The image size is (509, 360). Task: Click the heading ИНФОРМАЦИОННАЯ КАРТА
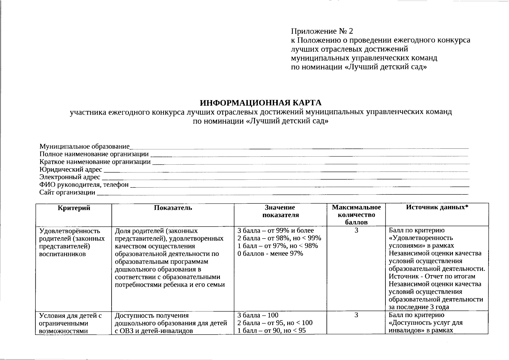tap(261, 103)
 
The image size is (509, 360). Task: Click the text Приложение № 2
tap(322, 31)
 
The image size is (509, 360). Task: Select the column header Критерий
tap(74, 208)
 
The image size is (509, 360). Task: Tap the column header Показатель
tap(173, 208)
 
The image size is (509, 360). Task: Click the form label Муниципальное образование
tap(84, 147)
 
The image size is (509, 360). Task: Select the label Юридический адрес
tap(71, 170)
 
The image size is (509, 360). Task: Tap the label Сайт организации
tap(67, 193)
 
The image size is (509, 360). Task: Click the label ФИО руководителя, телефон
tap(84, 185)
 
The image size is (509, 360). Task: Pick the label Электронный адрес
tap(70, 177)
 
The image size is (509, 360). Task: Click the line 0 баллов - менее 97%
tap(270, 254)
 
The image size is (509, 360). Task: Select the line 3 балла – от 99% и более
tap(275, 231)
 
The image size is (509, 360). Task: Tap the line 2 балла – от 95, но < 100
tap(274, 323)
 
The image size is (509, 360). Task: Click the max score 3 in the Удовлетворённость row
tap(356, 231)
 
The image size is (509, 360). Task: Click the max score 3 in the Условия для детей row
tap(356, 315)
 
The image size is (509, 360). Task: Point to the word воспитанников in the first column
tap(63, 254)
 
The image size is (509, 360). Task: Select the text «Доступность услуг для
tap(425, 323)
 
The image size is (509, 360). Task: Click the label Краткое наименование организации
tap(95, 162)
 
